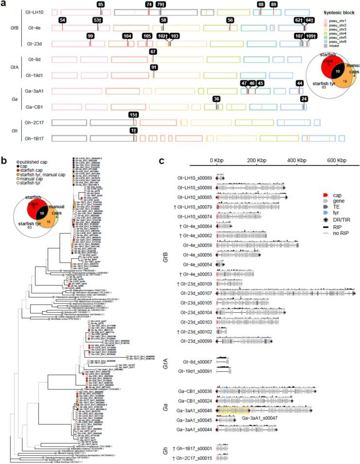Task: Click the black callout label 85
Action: [100, 4]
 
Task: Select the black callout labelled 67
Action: [153, 52]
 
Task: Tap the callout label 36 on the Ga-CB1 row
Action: [216, 99]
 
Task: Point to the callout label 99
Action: [90, 36]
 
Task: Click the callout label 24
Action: [304, 99]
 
